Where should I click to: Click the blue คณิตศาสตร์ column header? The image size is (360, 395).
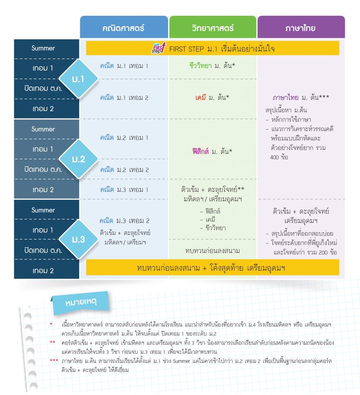[124, 27]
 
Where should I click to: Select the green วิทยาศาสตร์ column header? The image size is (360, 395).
[213, 27]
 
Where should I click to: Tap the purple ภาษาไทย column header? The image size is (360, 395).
[301, 27]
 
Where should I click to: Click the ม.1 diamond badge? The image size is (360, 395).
[78, 79]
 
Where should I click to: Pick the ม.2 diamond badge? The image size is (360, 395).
[78, 159]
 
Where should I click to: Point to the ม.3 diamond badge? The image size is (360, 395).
[78, 239]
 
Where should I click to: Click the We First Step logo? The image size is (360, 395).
[159, 48]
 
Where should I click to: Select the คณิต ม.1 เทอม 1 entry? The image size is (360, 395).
[124, 66]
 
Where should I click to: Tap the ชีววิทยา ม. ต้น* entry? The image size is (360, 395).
[212, 66]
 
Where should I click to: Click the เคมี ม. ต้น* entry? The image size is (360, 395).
[212, 97]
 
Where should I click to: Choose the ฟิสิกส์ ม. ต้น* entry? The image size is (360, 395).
[212, 151]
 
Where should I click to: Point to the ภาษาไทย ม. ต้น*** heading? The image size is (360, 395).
[301, 97]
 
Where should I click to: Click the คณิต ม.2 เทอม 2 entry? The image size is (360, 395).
[125, 170]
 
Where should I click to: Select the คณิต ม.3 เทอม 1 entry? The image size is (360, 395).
[124, 190]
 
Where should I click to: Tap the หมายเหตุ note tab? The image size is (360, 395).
[81, 302]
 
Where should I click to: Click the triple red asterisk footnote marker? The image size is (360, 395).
[54, 361]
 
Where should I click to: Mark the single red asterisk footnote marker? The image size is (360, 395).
[51, 324]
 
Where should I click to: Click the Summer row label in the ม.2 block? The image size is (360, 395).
[43, 129]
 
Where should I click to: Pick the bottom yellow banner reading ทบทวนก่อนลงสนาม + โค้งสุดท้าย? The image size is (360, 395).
[213, 268]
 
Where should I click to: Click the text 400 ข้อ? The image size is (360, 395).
[279, 157]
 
